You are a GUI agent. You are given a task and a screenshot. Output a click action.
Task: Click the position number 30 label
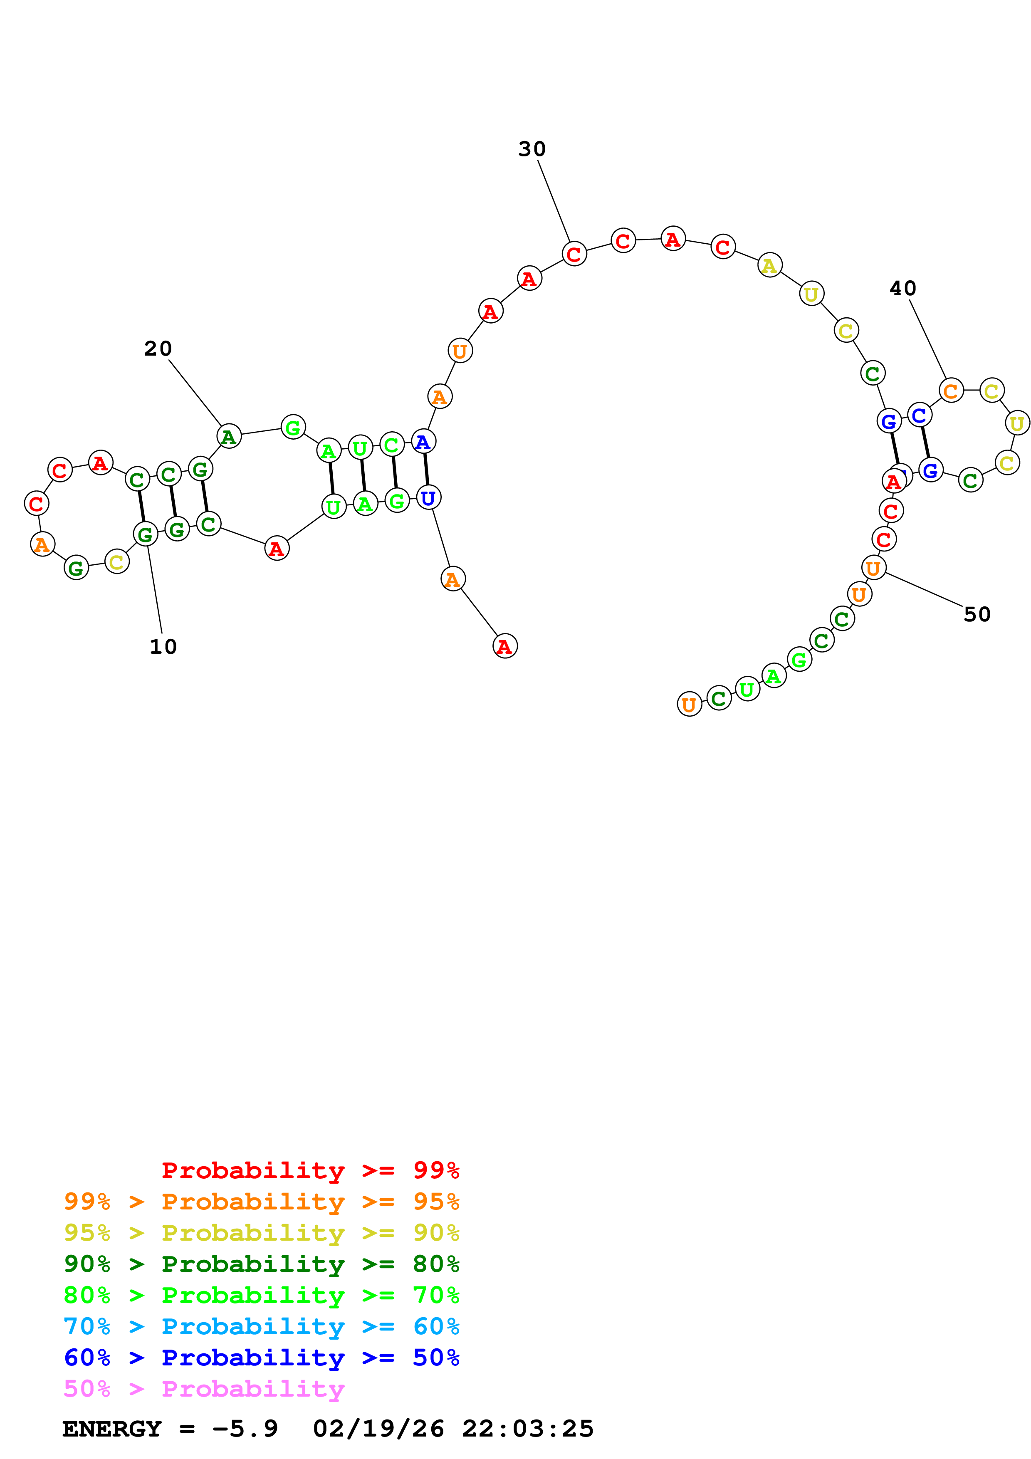[x=532, y=149]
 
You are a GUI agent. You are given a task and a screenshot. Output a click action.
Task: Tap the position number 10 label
[x=163, y=647]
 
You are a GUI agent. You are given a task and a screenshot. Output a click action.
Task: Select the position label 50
[x=977, y=614]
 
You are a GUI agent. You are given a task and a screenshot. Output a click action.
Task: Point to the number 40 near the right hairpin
[x=902, y=289]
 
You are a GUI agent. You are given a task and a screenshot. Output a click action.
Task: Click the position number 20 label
[x=158, y=349]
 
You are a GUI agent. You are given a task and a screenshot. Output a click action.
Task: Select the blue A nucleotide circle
[x=423, y=442]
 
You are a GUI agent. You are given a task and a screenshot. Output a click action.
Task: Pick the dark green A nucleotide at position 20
[x=229, y=437]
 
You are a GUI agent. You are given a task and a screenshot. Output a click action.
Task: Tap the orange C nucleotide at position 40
[x=950, y=391]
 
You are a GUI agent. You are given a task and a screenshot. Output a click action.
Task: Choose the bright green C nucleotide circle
[x=391, y=445]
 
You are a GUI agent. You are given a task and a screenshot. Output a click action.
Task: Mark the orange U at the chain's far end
[x=689, y=704]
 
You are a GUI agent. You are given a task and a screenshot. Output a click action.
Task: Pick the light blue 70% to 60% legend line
[x=261, y=1326]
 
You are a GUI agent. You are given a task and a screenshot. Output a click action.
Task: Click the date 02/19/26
[x=378, y=1429]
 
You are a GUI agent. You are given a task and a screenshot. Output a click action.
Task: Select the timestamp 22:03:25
[x=527, y=1429]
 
